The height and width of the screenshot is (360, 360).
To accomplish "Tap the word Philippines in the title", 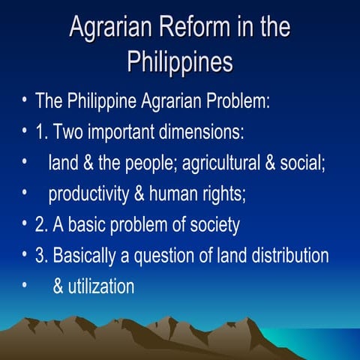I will (x=180, y=61).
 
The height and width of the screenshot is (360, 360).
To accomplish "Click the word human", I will (x=170, y=195).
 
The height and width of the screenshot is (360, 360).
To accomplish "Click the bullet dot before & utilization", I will (x=25, y=286).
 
